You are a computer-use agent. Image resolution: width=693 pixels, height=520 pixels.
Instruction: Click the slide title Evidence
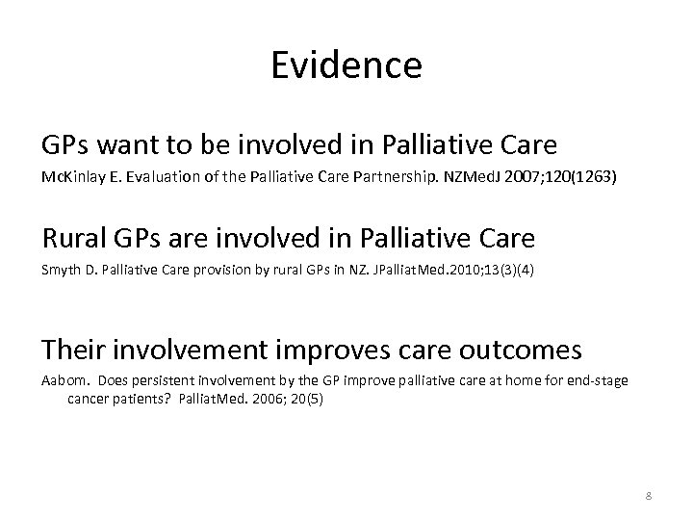pyautogui.click(x=346, y=65)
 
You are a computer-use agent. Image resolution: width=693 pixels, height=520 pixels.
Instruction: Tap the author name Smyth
pyautogui.click(x=60, y=271)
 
